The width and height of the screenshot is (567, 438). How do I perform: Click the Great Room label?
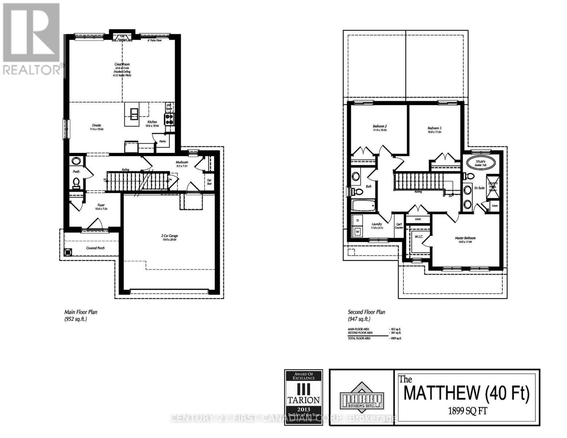(122, 64)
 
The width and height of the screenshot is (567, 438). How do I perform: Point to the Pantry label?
(163, 141)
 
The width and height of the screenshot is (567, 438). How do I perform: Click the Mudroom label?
(182, 162)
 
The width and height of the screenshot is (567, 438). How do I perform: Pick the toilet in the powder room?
(76, 181)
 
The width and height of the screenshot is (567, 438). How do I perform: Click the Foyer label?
(101, 205)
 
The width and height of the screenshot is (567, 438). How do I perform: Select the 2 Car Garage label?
(169, 236)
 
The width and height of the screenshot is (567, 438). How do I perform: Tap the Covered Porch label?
(96, 248)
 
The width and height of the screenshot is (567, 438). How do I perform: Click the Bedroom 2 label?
(380, 126)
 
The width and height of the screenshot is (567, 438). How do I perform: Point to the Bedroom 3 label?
(434, 128)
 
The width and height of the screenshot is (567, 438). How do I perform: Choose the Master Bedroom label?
(465, 238)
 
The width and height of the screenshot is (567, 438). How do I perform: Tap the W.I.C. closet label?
(419, 237)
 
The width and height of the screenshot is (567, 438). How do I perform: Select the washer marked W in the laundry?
(357, 231)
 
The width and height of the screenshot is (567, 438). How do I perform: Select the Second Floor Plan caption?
(367, 312)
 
